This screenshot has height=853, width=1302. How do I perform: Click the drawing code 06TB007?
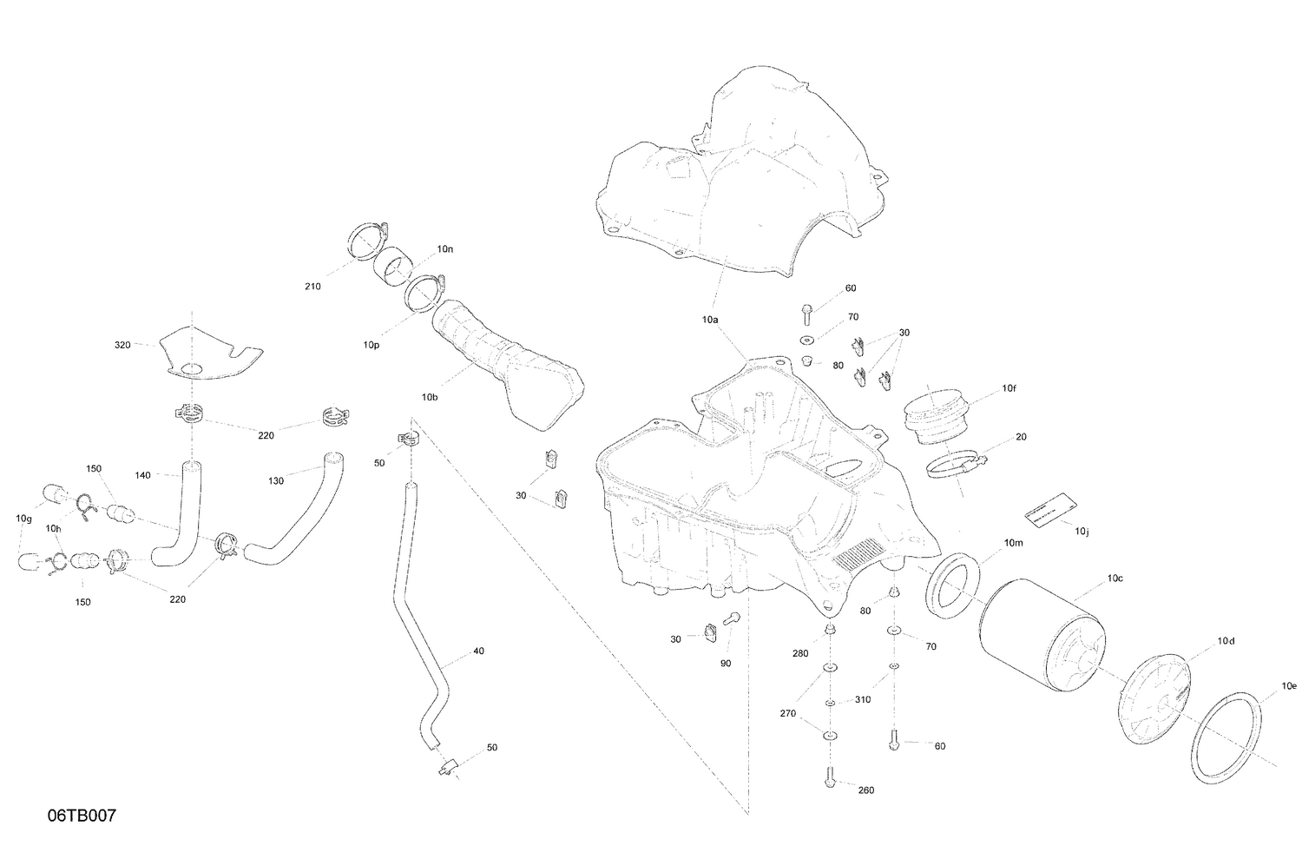82,817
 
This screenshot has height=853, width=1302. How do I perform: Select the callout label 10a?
710,320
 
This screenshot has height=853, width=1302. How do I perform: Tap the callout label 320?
122,345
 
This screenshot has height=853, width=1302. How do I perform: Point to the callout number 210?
312,287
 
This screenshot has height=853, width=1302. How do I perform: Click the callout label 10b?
430,397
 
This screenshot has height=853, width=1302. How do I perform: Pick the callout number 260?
865,790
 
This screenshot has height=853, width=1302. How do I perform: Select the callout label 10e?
1291,685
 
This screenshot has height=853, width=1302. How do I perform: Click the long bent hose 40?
417,634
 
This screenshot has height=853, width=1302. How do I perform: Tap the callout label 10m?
1014,543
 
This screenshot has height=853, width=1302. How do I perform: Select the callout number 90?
726,663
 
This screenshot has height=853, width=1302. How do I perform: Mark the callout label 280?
799,653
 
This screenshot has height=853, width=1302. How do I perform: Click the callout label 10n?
444,249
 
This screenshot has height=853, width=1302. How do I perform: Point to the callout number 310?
862,699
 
